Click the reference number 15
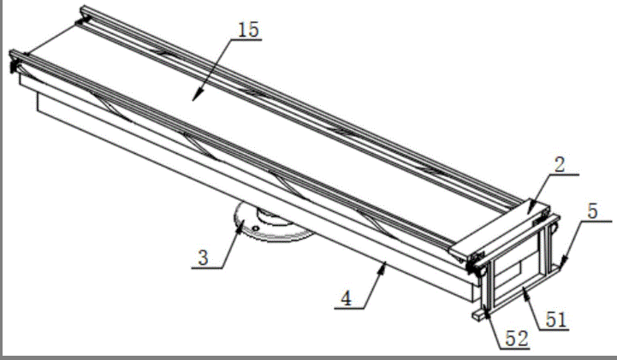[248, 29]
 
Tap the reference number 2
[560, 164]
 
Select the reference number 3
[203, 258]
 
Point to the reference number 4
[346, 298]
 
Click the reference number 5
[592, 211]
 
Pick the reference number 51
[556, 320]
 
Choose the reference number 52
[517, 339]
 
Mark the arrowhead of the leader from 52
[487, 312]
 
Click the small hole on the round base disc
[256, 228]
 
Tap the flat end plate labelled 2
[500, 228]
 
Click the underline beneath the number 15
[246, 39]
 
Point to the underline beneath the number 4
[349, 309]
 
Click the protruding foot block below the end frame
[478, 316]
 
